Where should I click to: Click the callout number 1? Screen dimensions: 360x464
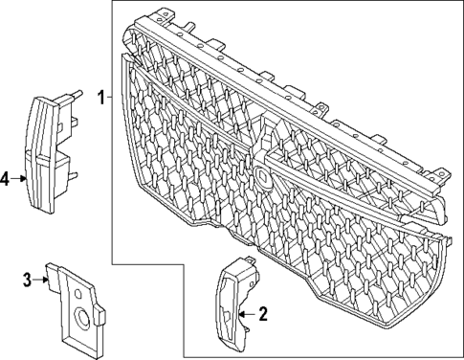tap(100, 97)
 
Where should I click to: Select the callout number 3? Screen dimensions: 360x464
tap(27, 280)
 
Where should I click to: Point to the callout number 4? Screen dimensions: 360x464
tap(6, 178)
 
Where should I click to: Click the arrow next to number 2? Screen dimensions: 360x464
tap(246, 313)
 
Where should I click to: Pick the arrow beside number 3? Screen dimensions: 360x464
tap(42, 280)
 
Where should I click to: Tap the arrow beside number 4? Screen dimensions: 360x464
tap(21, 178)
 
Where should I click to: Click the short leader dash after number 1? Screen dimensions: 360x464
tap(111, 97)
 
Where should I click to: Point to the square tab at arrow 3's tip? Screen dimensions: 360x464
tap(55, 274)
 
